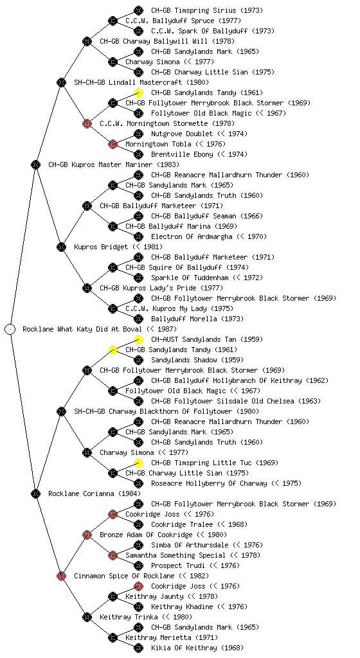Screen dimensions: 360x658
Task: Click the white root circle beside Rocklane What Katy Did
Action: [x=10, y=329]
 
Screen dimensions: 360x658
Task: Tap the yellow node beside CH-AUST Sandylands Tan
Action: [x=138, y=339]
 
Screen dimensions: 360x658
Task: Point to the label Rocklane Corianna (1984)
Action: [x=94, y=493]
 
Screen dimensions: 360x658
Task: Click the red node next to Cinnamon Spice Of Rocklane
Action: [x=61, y=576]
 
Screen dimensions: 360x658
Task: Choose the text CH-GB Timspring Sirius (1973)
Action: [x=207, y=10]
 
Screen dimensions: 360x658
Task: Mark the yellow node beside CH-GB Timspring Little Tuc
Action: [x=138, y=463]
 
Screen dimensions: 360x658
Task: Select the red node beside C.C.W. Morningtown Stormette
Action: [x=87, y=123]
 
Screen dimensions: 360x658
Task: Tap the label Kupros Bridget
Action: [x=101, y=247]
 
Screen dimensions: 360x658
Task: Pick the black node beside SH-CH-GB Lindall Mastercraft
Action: [x=61, y=82]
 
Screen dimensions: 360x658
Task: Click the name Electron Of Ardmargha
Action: [x=192, y=236]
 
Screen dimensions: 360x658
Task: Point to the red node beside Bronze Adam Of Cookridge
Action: [x=87, y=535]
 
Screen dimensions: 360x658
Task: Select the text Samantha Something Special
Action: [x=175, y=555]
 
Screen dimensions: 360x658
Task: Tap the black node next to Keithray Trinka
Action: [x=87, y=617]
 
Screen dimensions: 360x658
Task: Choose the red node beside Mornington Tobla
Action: [x=113, y=144]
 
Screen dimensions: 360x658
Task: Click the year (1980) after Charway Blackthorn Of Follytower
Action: [x=248, y=411]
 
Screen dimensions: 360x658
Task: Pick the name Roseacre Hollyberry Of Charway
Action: [x=209, y=483]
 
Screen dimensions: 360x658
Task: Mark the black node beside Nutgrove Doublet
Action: [x=138, y=134]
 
